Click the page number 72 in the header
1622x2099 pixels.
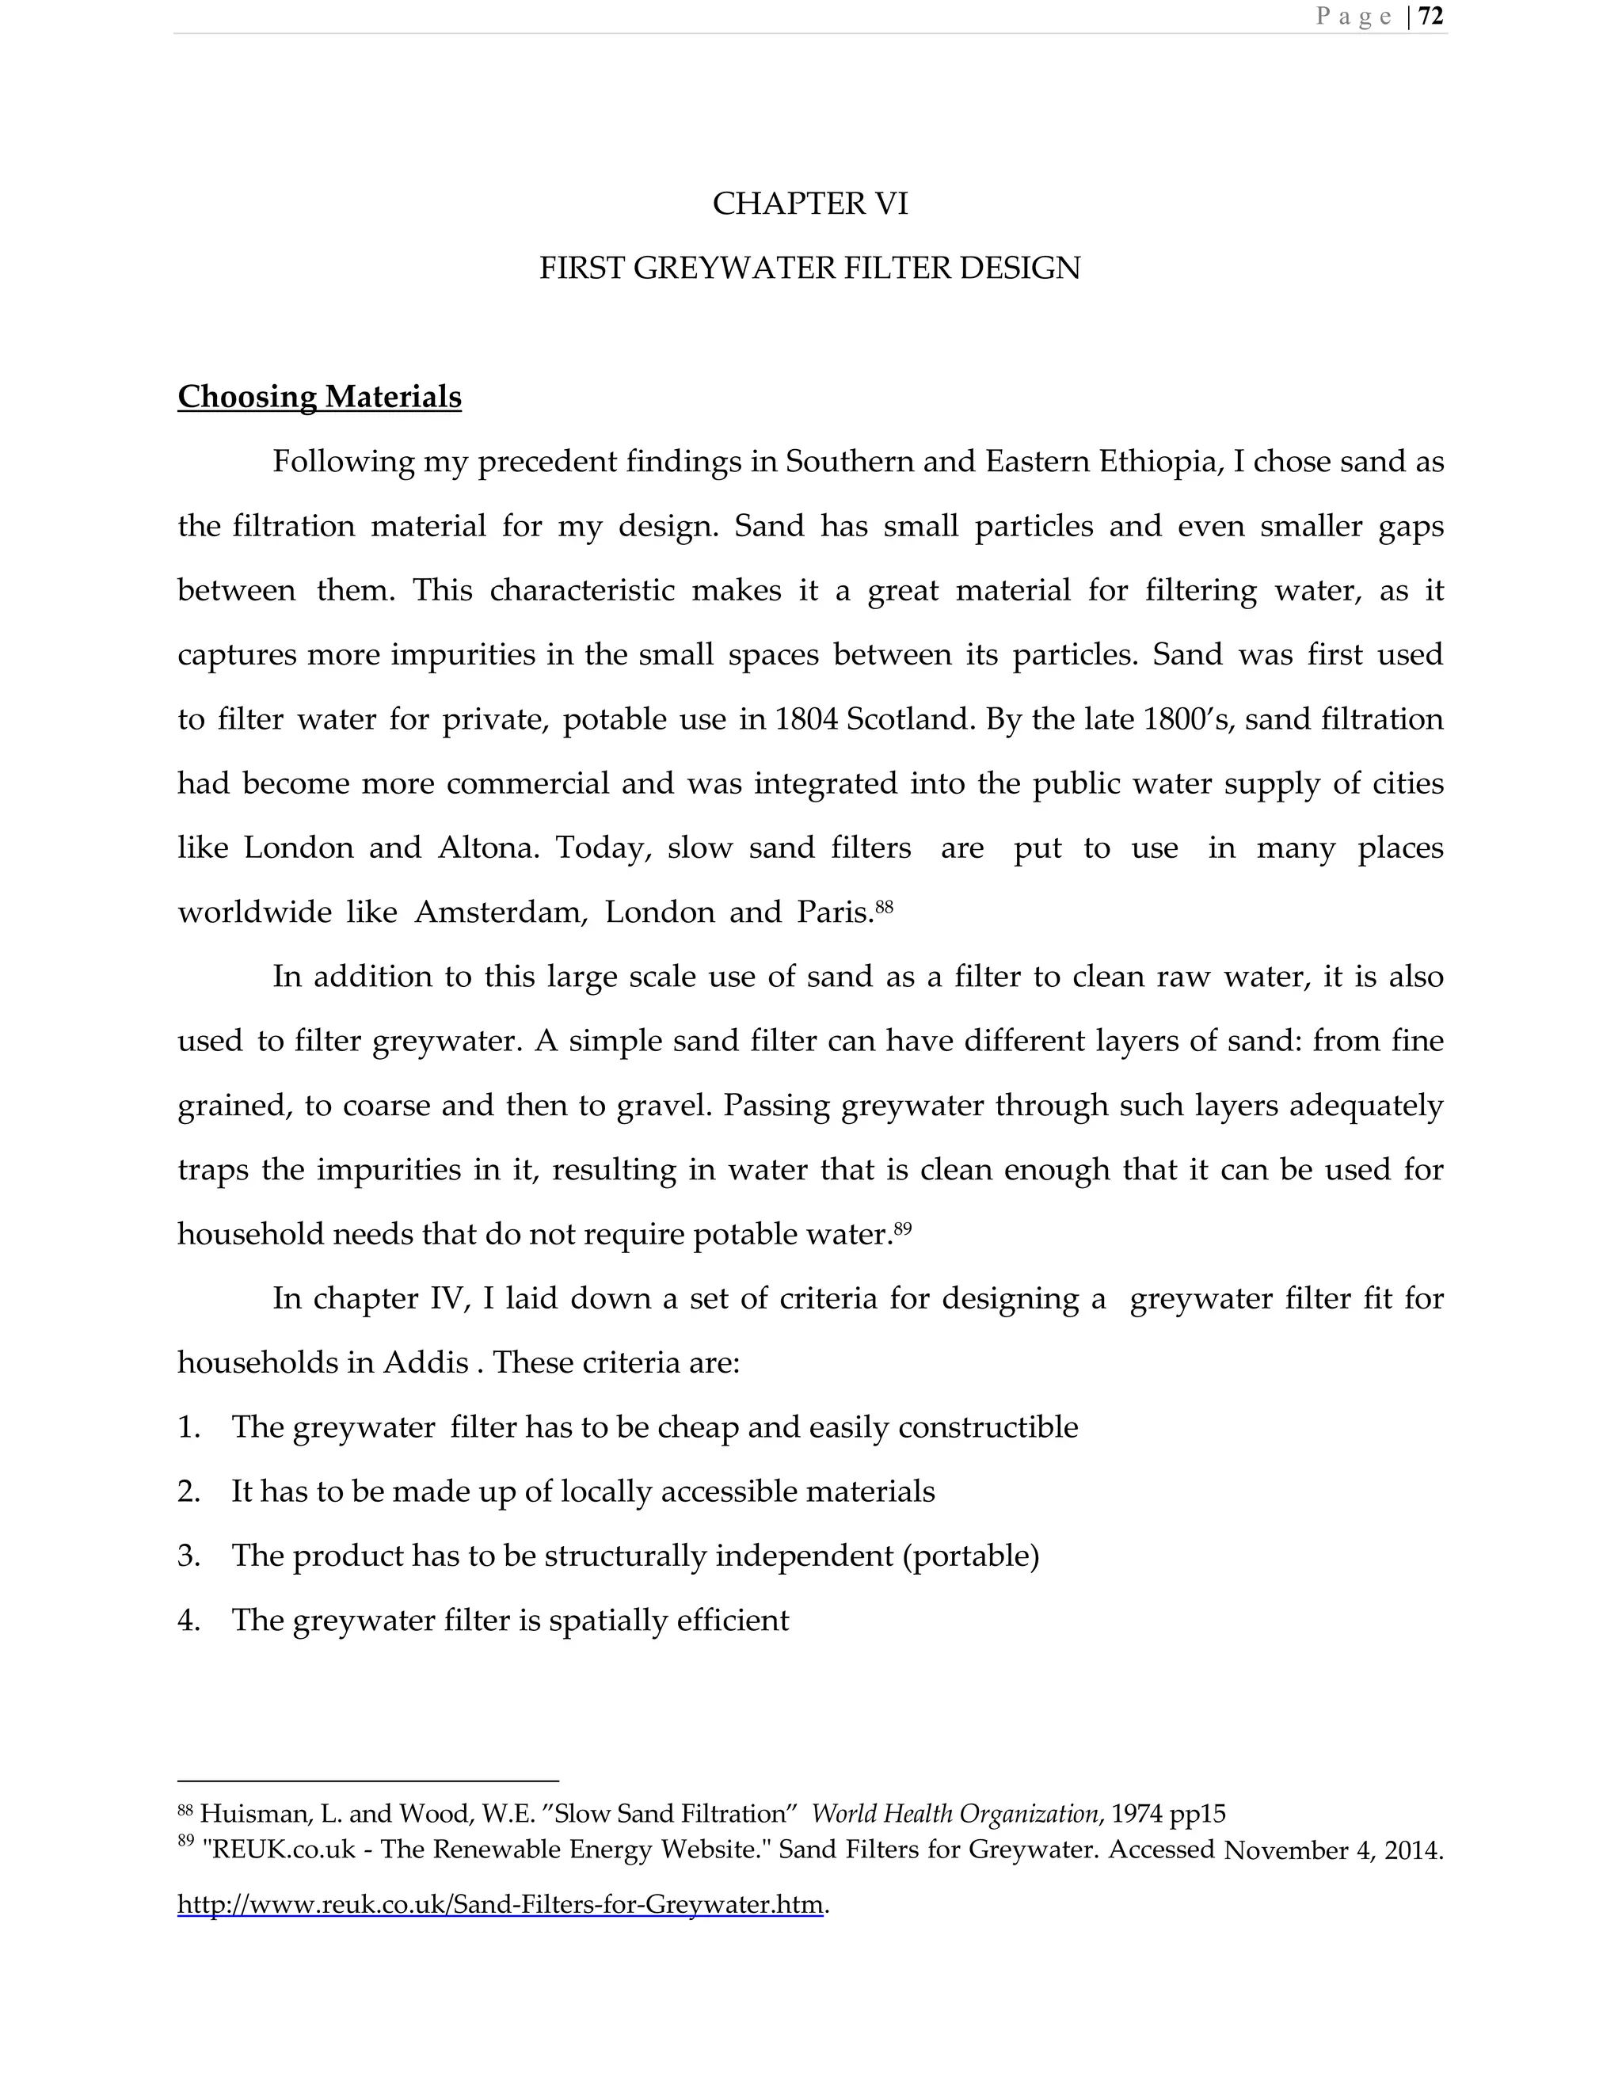(x=1431, y=17)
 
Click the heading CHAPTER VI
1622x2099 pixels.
(x=810, y=204)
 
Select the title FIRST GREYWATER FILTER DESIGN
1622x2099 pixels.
(x=810, y=269)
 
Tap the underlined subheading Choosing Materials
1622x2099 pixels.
(x=319, y=397)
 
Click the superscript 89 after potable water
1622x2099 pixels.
(x=902, y=1227)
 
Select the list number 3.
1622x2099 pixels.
(x=188, y=1556)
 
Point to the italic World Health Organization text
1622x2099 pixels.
(x=954, y=1815)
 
